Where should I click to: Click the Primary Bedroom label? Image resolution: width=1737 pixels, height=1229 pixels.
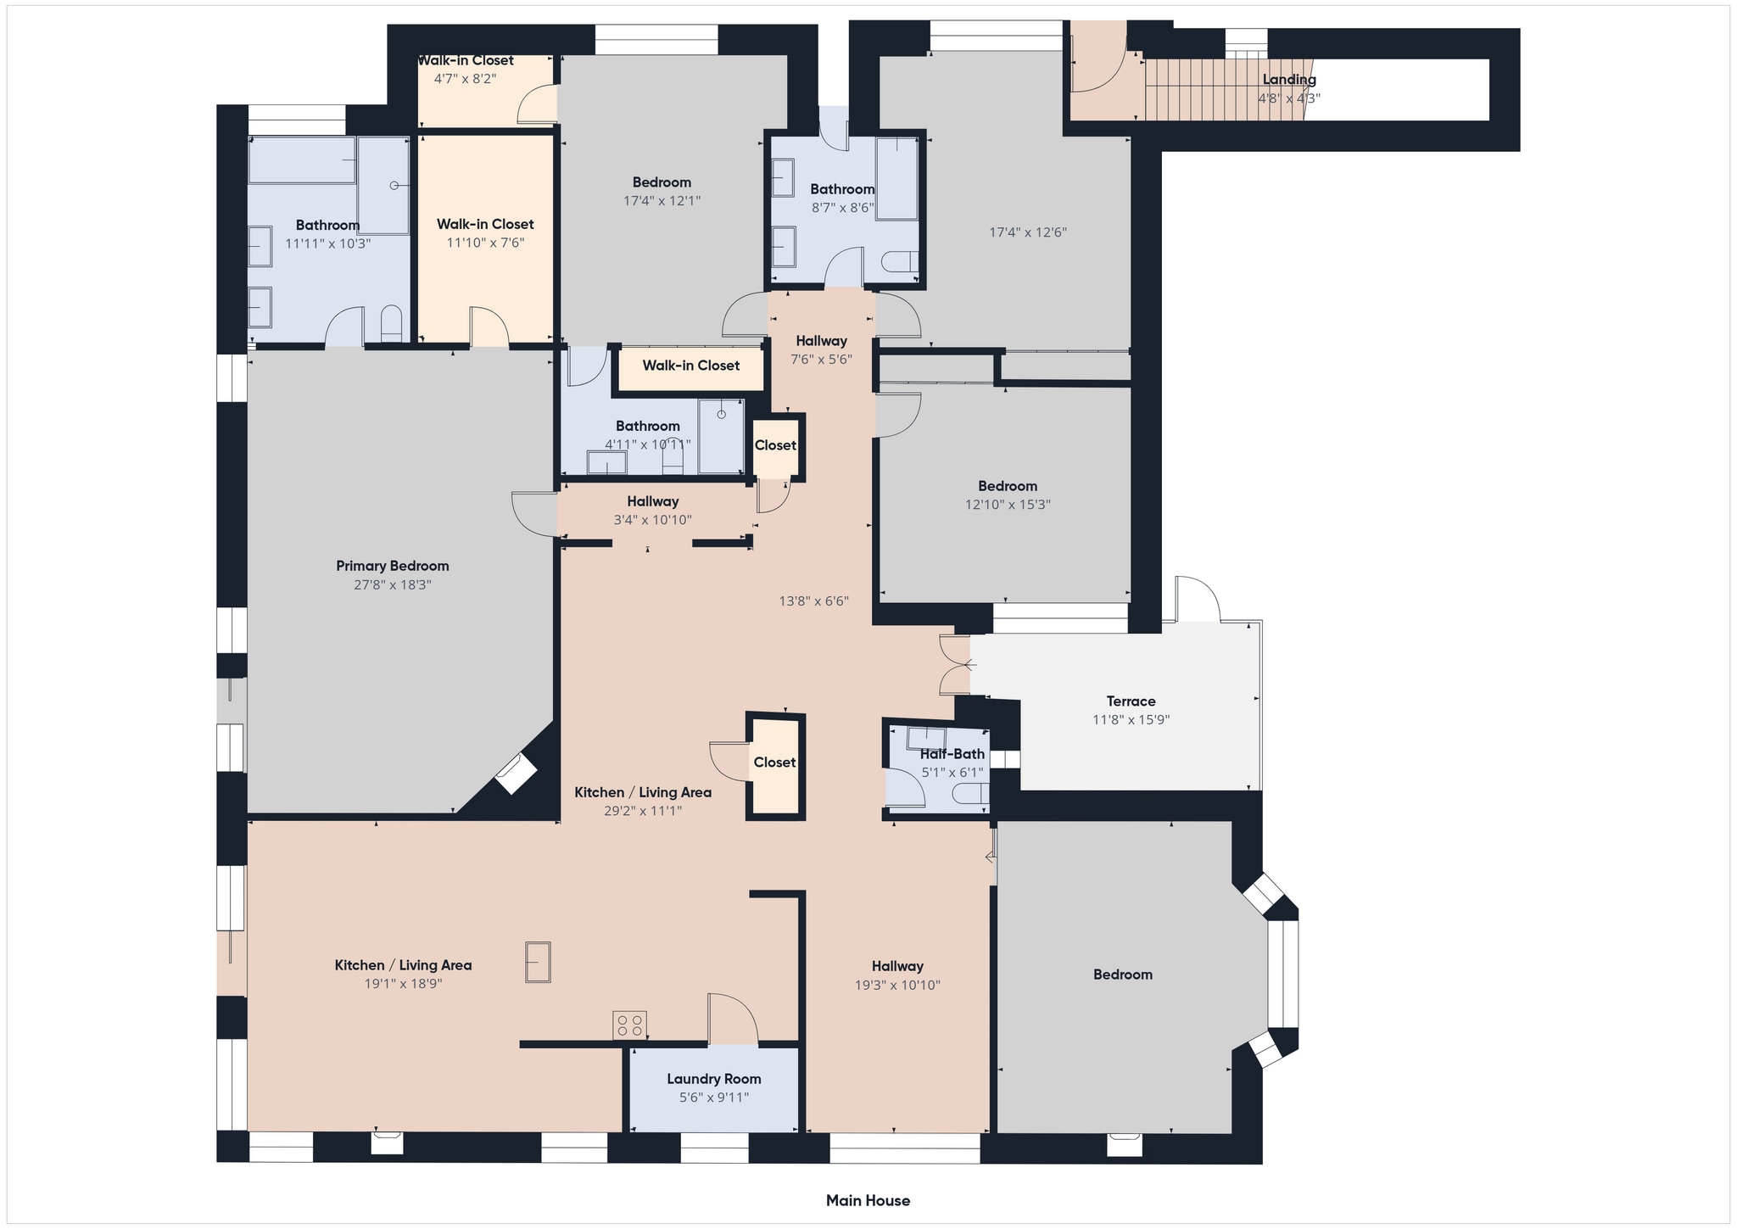point(392,566)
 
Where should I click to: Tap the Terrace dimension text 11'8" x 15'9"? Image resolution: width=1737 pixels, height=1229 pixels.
point(1131,719)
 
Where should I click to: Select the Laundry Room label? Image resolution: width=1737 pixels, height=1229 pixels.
point(713,1079)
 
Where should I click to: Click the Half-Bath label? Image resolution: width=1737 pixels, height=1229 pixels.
point(952,754)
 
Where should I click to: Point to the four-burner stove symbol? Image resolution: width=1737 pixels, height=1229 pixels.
point(629,1025)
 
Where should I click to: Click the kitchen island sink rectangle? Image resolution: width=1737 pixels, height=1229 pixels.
point(538,962)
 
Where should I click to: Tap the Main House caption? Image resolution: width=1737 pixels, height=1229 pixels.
point(868,1200)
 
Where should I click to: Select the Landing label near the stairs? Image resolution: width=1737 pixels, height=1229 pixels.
point(1288,80)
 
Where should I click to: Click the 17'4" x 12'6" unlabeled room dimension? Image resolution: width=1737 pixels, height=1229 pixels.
point(1027,232)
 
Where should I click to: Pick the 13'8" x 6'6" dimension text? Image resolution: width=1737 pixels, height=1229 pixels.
point(813,601)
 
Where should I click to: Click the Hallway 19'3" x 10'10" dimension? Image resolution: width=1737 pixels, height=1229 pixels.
point(897,985)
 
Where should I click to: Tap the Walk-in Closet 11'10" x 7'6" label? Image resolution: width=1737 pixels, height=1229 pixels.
point(485,224)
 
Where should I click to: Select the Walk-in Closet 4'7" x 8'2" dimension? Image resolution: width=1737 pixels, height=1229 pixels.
point(465,79)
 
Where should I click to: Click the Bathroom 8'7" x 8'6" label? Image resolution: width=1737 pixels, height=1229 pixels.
point(841,189)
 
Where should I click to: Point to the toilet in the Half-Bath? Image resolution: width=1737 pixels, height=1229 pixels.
point(972,794)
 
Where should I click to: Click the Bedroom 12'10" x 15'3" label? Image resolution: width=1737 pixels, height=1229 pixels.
point(1007,486)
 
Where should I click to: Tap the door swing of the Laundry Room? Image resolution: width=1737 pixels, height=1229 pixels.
point(732,1018)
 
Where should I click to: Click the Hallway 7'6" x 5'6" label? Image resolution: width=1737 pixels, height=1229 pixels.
point(820,341)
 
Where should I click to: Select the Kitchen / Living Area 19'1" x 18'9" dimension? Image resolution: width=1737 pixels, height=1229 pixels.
point(403,984)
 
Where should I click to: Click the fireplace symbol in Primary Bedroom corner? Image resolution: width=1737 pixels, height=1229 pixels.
point(516,774)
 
